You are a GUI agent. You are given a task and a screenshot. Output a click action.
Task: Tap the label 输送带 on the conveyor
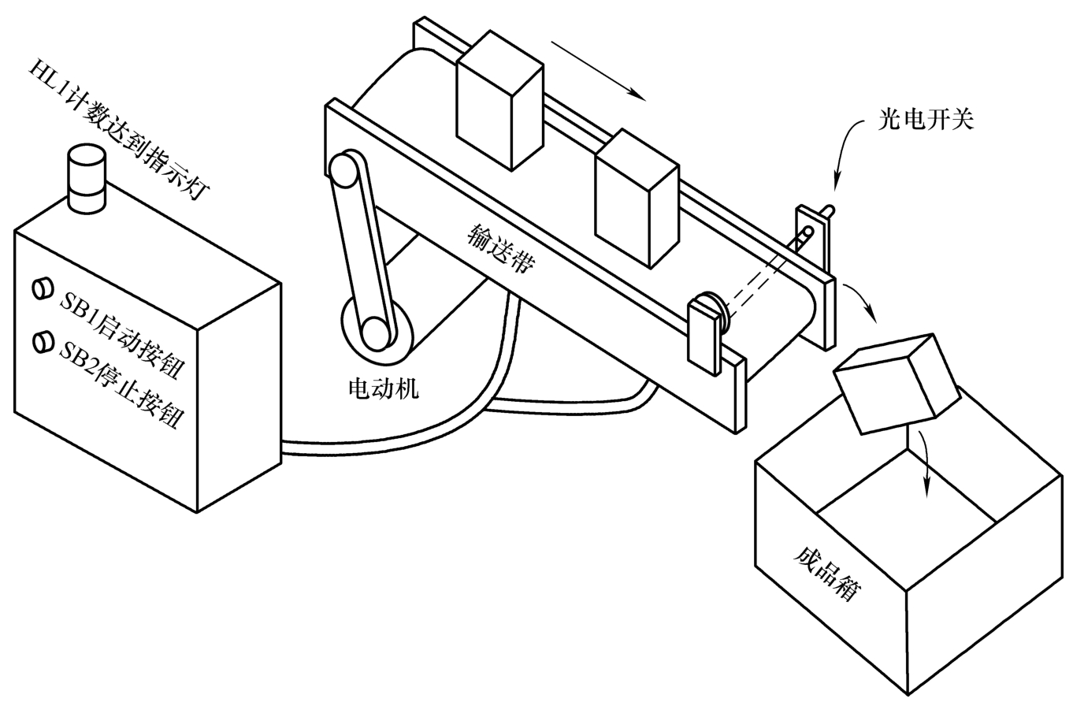click(501, 247)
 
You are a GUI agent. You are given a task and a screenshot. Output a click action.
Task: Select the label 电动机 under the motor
click(384, 388)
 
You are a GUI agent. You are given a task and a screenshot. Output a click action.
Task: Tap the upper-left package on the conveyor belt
click(499, 101)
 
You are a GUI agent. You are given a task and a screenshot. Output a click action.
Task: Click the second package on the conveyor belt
click(637, 199)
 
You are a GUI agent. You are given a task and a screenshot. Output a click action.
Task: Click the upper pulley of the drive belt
click(346, 170)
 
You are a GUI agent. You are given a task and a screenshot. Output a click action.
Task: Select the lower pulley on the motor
click(377, 332)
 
